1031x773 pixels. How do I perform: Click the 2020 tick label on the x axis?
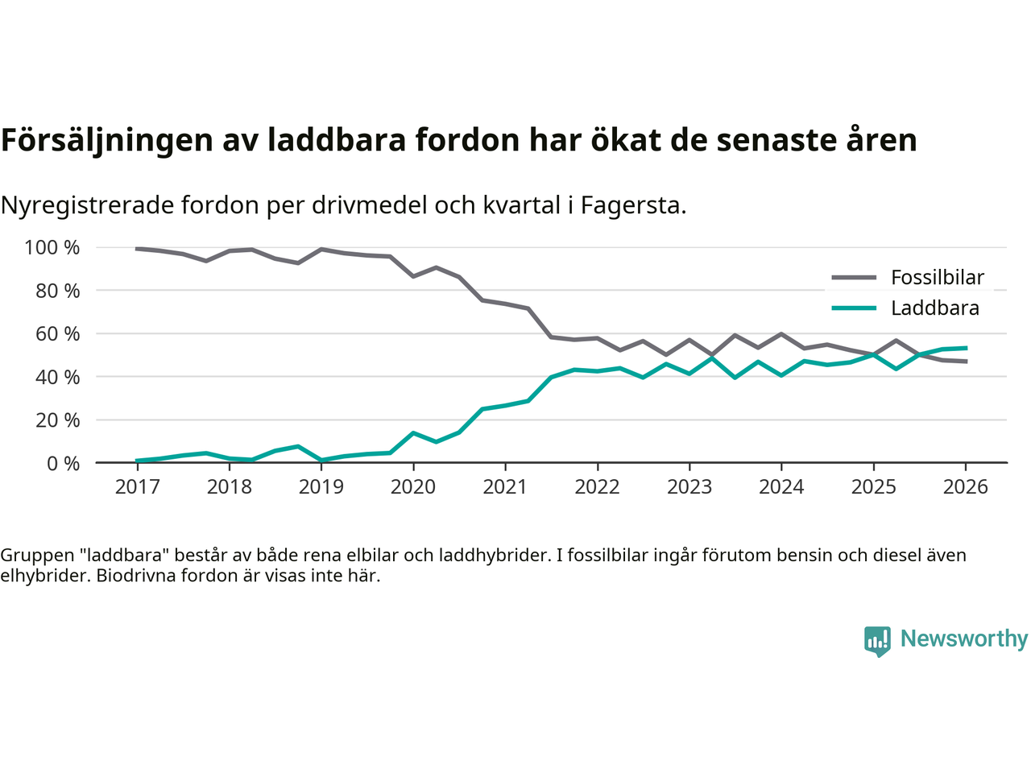[413, 487]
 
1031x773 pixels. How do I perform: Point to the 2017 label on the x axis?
[137, 487]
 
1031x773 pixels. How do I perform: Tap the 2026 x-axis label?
[965, 487]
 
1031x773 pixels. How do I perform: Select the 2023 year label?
[689, 487]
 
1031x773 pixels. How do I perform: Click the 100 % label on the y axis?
[52, 247]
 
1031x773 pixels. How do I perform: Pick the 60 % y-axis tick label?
[57, 333]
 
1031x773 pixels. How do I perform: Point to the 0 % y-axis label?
[62, 463]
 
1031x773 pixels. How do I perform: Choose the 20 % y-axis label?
[57, 420]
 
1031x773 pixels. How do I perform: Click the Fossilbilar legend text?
[938, 278]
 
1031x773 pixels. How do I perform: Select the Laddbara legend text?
[935, 308]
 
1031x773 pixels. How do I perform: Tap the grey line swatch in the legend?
[854, 278]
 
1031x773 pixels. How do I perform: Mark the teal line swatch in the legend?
[854, 308]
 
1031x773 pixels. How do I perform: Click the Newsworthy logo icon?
[877, 641]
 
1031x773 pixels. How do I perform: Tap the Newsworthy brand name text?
[963, 639]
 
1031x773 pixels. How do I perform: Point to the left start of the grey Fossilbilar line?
[137, 249]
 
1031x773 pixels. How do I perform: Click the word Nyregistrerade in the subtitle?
[87, 205]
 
